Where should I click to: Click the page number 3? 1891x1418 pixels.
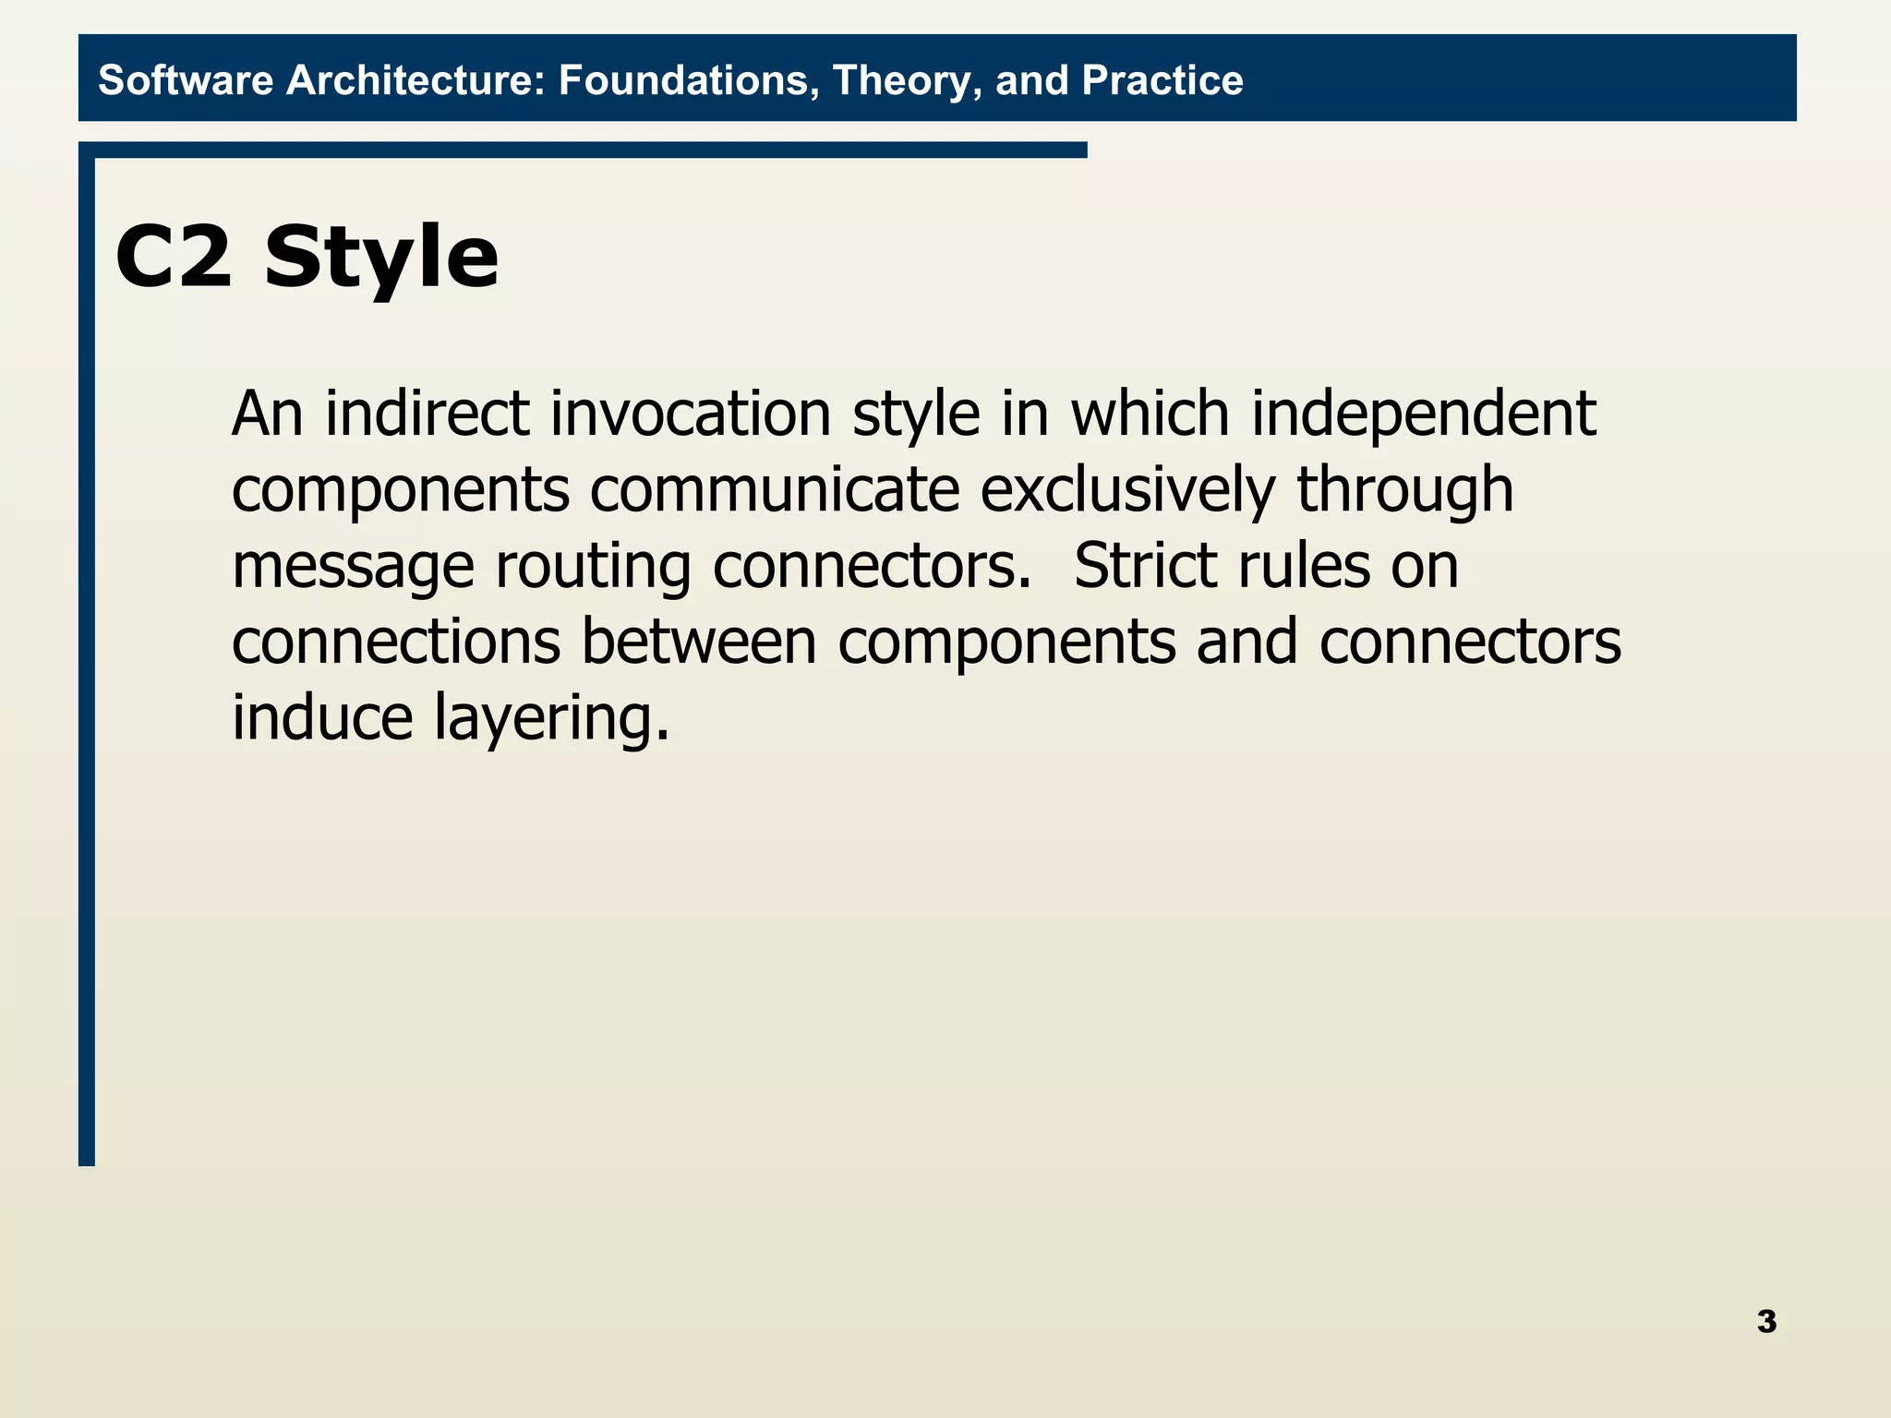pos(1766,1321)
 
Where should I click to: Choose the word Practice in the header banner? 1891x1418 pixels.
pos(1162,80)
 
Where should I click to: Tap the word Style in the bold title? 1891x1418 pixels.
pos(381,258)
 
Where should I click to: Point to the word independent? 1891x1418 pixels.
pos(1423,415)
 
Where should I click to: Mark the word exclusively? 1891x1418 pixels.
pos(1126,489)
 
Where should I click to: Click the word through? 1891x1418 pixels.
pos(1404,489)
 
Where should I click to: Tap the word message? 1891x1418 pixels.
pos(353,567)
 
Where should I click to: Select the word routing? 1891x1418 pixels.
pos(593,567)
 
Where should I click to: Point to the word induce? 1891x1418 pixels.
pos(322,717)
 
